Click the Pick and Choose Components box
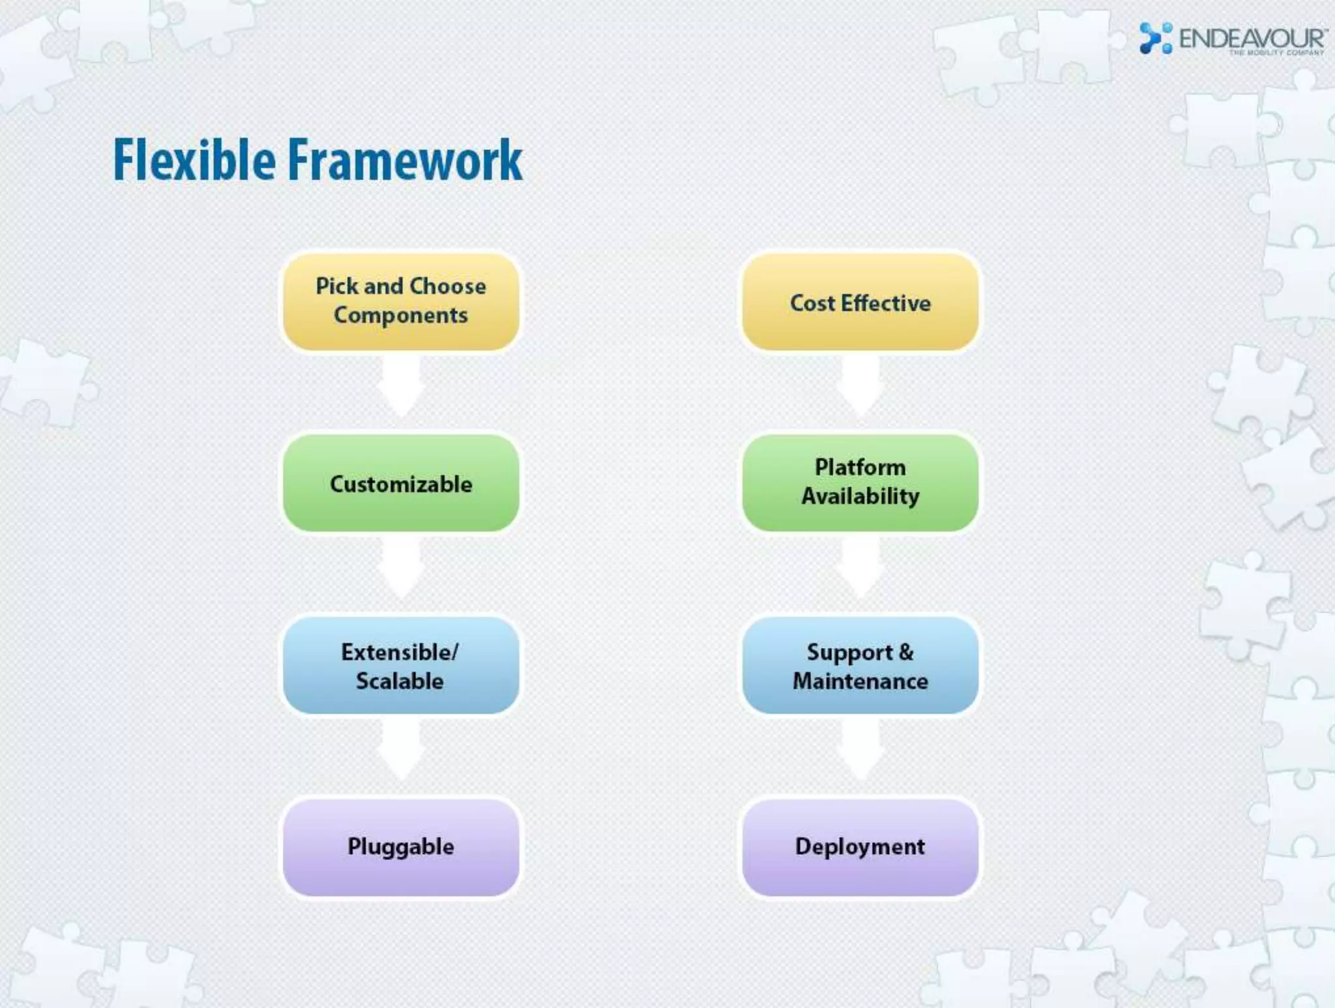pos(401,301)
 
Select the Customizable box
pos(401,483)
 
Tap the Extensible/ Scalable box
pos(401,665)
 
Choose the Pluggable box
pos(401,846)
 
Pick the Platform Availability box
pos(860,482)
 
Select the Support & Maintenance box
pos(860,665)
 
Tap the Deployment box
pos(860,846)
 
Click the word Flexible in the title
pos(194,160)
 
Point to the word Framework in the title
pos(405,160)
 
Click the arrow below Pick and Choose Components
pos(401,385)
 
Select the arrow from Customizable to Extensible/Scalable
pos(401,567)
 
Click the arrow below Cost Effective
pos(860,385)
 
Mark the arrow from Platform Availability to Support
pos(860,567)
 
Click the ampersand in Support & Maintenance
pos(906,652)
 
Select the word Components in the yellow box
pos(401,316)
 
